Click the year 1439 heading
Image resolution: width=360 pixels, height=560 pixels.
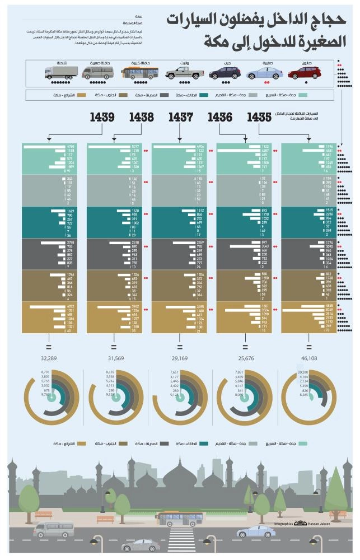tap(101, 118)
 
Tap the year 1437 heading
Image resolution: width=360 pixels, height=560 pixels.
tap(179, 118)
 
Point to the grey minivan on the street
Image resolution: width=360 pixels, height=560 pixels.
tap(54, 528)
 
